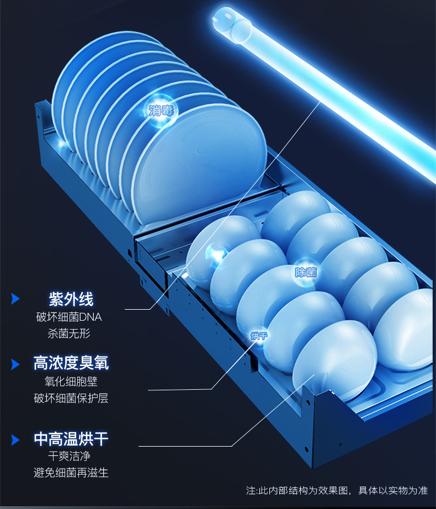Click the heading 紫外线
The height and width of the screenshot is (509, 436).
tap(71, 299)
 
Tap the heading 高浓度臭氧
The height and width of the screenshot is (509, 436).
tap(71, 363)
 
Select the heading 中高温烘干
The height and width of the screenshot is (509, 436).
tap(71, 439)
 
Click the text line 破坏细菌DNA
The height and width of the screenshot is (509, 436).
tap(69, 317)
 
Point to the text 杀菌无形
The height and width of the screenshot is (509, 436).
tap(69, 333)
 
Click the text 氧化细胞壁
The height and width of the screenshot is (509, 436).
tap(71, 381)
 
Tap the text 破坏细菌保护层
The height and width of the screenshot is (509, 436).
tap(71, 398)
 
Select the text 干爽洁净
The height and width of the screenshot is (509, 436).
tap(69, 457)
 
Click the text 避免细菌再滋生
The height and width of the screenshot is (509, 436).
tap(71, 473)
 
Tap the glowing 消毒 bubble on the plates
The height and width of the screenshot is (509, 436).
tap(161, 110)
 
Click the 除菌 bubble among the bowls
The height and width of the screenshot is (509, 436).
tap(305, 272)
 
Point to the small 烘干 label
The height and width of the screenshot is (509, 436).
tap(258, 336)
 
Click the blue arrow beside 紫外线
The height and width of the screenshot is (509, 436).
tap(15, 299)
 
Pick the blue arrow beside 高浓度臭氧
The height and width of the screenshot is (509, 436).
tap(15, 363)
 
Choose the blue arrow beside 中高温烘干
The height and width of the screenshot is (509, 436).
tap(15, 439)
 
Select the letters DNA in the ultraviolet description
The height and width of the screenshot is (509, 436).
tap(91, 317)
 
